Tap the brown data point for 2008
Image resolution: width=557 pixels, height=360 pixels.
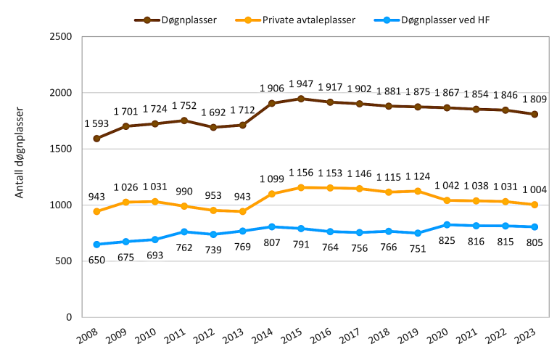click(96, 139)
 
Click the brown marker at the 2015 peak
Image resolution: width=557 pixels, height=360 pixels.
click(301, 99)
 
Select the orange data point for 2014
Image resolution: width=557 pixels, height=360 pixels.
click(272, 194)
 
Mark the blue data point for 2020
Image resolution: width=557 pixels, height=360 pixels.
click(447, 225)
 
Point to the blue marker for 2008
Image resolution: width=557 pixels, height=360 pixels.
click(96, 244)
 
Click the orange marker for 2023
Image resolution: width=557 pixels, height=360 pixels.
click(535, 205)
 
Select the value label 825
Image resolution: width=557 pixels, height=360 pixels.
click(447, 240)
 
